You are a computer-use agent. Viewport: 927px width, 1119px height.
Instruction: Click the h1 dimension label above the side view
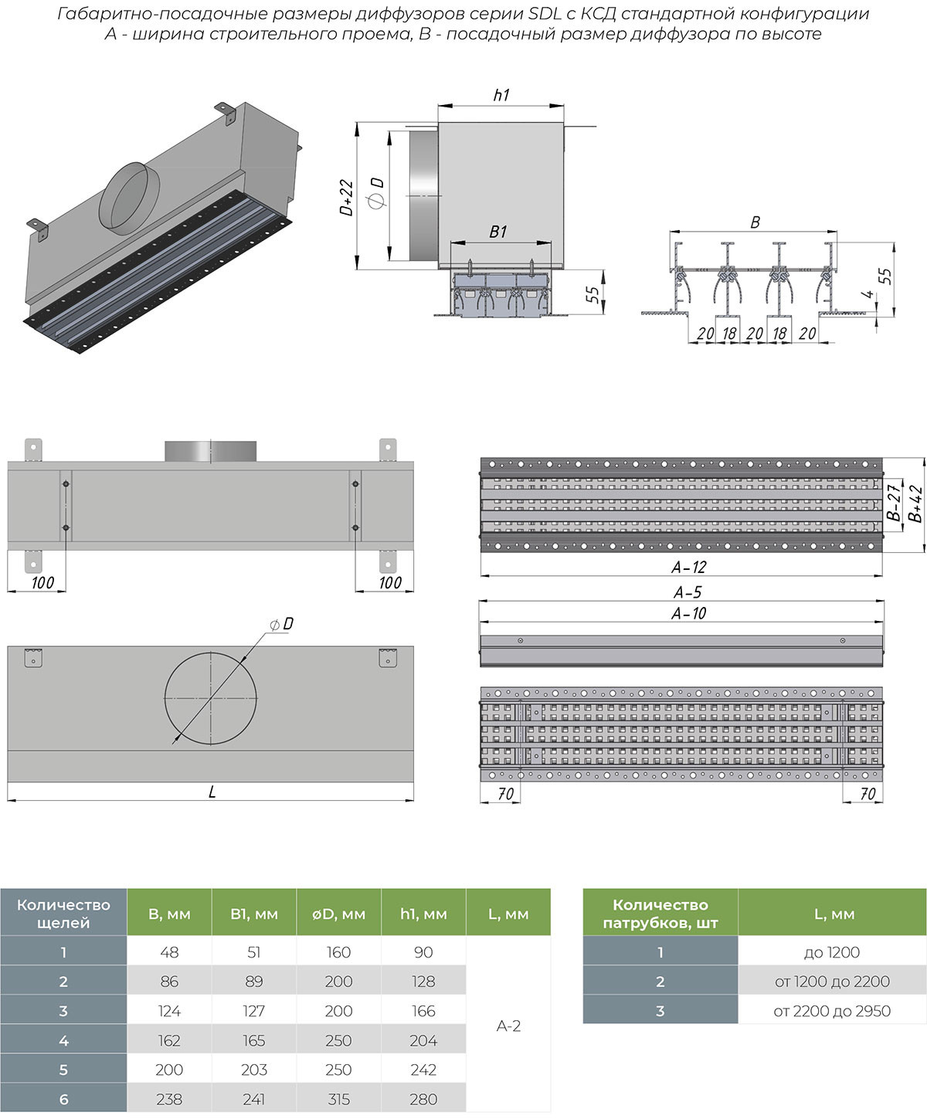[x=501, y=95]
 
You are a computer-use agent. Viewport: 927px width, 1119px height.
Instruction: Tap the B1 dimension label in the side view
[x=498, y=232]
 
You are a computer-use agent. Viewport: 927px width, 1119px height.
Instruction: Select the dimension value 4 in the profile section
[x=868, y=294]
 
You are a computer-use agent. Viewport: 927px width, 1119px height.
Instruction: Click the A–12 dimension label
[x=688, y=567]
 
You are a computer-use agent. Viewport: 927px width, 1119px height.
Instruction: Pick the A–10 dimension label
[x=688, y=613]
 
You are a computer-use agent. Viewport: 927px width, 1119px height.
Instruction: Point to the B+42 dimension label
[x=916, y=503]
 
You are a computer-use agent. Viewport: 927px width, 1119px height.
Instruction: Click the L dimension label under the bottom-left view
[x=212, y=792]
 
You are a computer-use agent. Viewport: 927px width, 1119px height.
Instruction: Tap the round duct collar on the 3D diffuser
[x=130, y=195]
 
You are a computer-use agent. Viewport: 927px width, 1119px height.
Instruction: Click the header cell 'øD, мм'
[x=338, y=914]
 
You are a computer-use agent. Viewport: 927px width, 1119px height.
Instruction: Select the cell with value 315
[x=338, y=1099]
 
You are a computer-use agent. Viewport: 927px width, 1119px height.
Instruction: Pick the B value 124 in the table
[x=169, y=1011]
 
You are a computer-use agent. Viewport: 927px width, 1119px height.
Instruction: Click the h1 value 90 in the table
[x=423, y=952]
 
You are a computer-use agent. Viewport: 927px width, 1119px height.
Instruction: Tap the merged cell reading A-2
[x=508, y=1026]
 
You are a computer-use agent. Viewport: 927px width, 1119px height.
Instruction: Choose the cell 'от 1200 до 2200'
[x=832, y=982]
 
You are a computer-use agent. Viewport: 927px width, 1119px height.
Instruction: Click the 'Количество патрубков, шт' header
[x=660, y=914]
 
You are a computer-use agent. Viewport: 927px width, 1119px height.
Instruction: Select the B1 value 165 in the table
[x=253, y=1040]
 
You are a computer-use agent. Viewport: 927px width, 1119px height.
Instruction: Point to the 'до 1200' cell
[x=832, y=952]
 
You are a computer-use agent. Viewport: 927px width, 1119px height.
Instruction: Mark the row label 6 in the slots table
[x=63, y=1099]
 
